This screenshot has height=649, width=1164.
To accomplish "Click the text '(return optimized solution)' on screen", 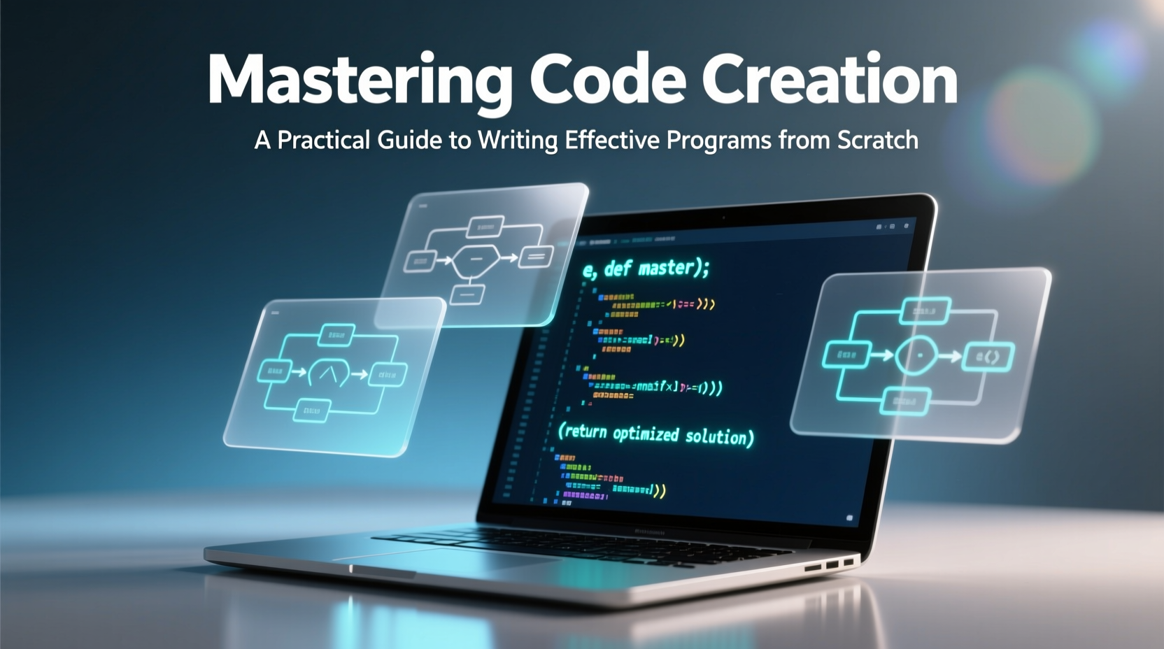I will point(655,434).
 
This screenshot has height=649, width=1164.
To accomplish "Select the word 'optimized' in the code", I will point(645,434).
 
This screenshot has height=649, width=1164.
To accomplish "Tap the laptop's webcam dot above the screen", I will point(723,217).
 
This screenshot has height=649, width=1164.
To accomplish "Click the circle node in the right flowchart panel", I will point(916,355).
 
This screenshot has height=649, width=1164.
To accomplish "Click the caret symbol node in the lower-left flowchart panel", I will point(328,374).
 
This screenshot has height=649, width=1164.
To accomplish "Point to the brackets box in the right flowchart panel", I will point(988,357).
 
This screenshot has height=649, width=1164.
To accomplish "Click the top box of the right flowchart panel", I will point(925,310).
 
